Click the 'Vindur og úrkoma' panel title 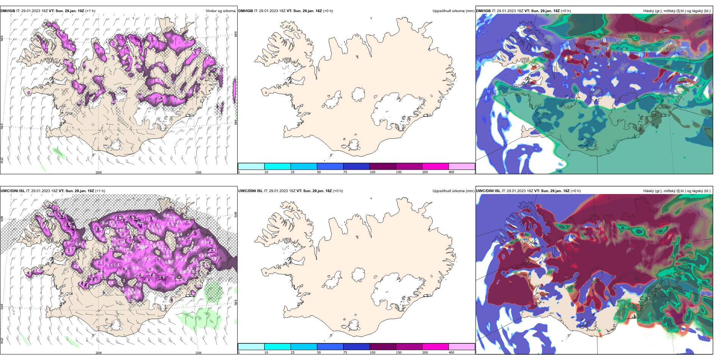(220, 11)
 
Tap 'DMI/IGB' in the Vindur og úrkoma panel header (8, 11)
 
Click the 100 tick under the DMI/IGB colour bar (373, 172)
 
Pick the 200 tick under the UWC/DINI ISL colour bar (425, 352)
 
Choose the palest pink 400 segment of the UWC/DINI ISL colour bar (462, 347)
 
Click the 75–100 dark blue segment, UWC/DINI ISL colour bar (356, 347)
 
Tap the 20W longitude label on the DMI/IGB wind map (99, 172)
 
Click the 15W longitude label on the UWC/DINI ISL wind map (198, 353)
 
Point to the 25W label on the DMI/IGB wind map (2, 160)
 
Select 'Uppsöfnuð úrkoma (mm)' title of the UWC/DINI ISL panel (453, 191)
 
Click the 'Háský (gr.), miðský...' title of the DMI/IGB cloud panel (677, 11)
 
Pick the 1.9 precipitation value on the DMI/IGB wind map (153, 39)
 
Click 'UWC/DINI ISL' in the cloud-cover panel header (488, 191)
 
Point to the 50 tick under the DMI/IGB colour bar (319, 172)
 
